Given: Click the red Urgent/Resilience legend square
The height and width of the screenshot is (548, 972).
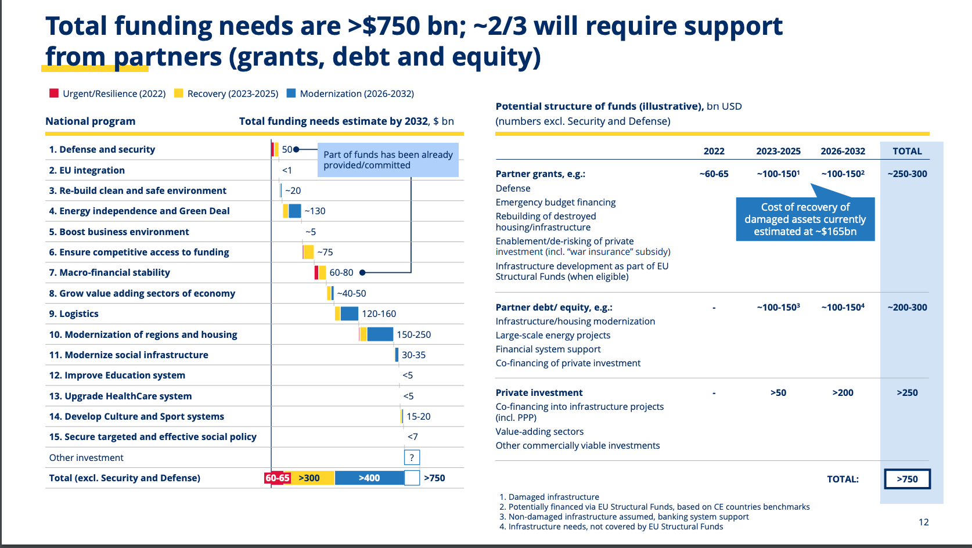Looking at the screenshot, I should coord(54,93).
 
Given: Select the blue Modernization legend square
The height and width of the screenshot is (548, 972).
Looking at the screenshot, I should coord(291,93).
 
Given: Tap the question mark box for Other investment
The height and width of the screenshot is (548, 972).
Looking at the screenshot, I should coord(412,457).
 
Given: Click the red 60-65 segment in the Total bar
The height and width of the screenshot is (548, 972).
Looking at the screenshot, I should coord(278,478).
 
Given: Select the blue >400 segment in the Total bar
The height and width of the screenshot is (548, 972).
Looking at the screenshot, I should coord(369,478).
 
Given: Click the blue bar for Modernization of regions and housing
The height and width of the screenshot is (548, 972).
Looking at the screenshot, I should coord(380,334).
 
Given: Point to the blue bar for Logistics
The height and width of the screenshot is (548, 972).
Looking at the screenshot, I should coord(350,313).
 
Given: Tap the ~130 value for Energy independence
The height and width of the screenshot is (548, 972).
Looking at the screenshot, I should coord(315,211).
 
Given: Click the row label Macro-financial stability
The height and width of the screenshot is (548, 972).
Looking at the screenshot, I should coord(110,272).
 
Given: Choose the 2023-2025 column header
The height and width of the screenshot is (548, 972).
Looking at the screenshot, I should coord(778,151).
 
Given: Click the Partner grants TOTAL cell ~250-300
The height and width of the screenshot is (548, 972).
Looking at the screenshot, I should coord(907,174).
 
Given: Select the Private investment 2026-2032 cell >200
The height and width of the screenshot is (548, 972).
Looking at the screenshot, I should coord(843,392).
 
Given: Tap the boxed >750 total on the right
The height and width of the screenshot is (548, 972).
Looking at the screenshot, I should coord(907,479).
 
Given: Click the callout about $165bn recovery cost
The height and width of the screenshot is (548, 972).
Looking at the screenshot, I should coord(805,219).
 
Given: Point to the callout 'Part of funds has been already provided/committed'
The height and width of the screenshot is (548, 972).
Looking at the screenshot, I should coord(388,160).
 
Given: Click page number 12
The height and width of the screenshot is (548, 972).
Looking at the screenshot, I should coord(923,522).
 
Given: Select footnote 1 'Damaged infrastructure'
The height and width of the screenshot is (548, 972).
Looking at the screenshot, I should coord(549,497).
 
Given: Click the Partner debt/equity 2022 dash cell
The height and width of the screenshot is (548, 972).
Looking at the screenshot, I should coord(714,307).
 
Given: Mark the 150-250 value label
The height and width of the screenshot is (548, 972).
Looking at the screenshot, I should coord(414,334).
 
